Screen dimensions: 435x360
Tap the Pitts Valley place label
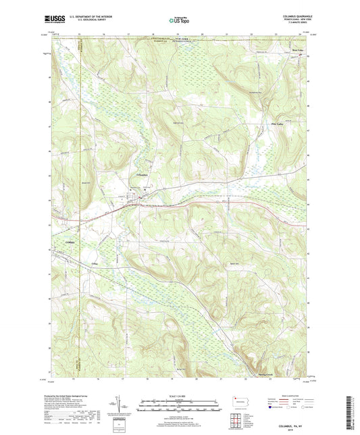click(295, 124)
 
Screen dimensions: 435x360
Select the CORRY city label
click(57, 240)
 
